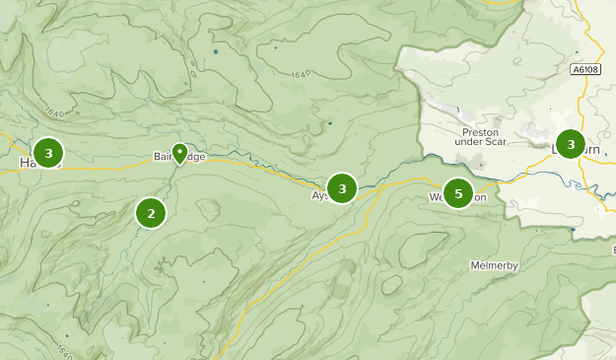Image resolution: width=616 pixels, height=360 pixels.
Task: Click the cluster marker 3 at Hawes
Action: point(47,153)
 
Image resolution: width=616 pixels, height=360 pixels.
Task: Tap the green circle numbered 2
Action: point(151,212)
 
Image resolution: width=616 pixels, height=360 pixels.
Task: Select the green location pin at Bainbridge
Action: point(179,152)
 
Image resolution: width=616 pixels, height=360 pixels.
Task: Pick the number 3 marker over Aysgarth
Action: point(341,187)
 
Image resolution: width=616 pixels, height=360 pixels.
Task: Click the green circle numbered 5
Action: point(457,193)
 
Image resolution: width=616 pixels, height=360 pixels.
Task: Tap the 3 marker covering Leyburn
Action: point(570,144)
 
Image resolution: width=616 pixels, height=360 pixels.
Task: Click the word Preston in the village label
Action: point(481,132)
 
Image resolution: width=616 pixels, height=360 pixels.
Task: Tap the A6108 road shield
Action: point(584,69)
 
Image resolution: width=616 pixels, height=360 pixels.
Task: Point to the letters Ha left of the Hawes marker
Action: point(26,162)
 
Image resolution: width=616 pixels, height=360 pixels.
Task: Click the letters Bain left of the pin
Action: point(163,157)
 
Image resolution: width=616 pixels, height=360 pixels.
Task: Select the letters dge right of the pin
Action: point(196,157)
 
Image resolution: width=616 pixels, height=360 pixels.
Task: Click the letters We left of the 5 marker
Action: point(436,197)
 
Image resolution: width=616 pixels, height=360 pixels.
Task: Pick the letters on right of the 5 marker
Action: point(480,197)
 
